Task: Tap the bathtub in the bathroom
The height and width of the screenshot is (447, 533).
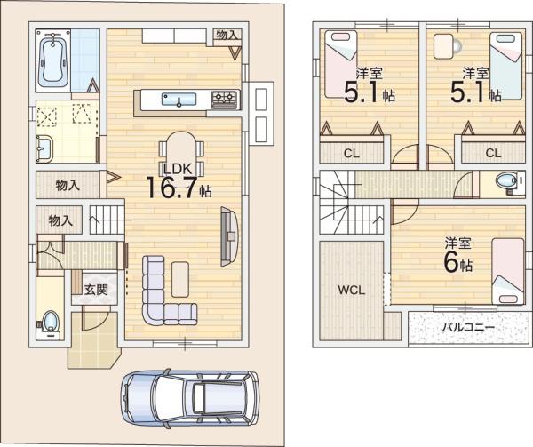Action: click(53, 60)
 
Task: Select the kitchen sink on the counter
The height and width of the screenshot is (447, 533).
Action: click(179, 100)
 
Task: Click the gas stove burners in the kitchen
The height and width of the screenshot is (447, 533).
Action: click(224, 100)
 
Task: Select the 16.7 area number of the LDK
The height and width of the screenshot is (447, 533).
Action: click(171, 188)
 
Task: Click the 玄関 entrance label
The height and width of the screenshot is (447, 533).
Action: click(96, 290)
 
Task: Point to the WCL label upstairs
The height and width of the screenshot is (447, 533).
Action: click(352, 291)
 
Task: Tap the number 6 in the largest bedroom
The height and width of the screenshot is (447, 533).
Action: click(451, 262)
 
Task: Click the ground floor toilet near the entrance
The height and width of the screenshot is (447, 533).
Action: click(51, 321)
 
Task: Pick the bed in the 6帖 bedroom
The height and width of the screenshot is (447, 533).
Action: click(508, 271)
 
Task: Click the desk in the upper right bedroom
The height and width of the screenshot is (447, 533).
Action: click(443, 46)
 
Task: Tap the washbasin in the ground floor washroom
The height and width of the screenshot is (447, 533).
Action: click(44, 148)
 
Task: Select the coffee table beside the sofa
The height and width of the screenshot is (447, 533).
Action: click(180, 279)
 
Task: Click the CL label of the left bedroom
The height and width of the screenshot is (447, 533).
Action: click(352, 154)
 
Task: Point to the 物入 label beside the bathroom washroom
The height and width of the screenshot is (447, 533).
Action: click(68, 185)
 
